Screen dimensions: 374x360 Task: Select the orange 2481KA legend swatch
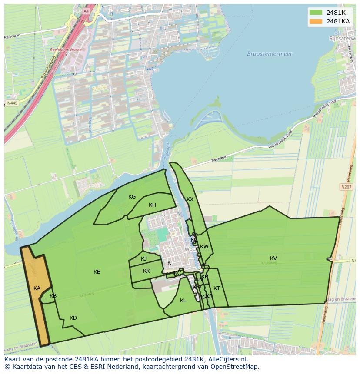click(x=316, y=21)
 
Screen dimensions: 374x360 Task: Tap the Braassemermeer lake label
click(x=270, y=54)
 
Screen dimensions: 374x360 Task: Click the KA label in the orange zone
click(x=37, y=288)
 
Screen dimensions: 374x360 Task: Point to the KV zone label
click(x=273, y=258)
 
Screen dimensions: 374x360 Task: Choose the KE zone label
click(x=97, y=272)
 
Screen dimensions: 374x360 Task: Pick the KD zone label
click(x=73, y=318)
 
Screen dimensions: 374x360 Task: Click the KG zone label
click(x=132, y=197)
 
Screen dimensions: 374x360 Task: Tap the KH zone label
click(x=152, y=205)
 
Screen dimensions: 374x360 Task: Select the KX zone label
click(x=190, y=199)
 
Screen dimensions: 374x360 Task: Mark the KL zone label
click(x=183, y=301)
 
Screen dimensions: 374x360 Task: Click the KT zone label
click(x=217, y=288)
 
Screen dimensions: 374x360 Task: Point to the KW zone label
click(x=204, y=247)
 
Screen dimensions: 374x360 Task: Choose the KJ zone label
click(x=143, y=259)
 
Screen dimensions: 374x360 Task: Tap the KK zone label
click(x=147, y=271)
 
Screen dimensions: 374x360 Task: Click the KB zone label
click(x=53, y=296)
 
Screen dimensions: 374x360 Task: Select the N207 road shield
click(x=346, y=187)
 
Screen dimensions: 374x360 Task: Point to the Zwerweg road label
click(x=220, y=160)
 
